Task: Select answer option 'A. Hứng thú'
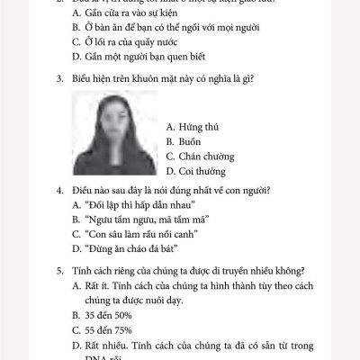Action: [x=193, y=128]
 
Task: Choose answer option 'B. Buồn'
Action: [x=185, y=141]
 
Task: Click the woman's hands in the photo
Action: [x=114, y=144]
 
